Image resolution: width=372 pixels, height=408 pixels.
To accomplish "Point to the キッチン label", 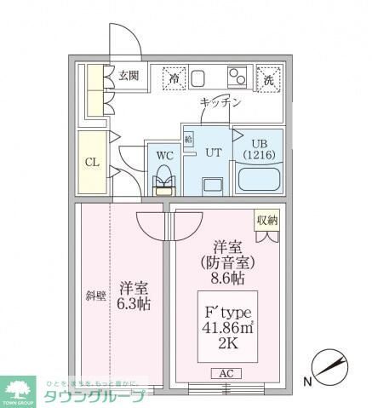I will [220, 103].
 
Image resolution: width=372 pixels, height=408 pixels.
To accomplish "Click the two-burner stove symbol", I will [237, 78].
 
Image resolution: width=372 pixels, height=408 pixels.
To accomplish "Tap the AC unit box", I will [226, 373].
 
